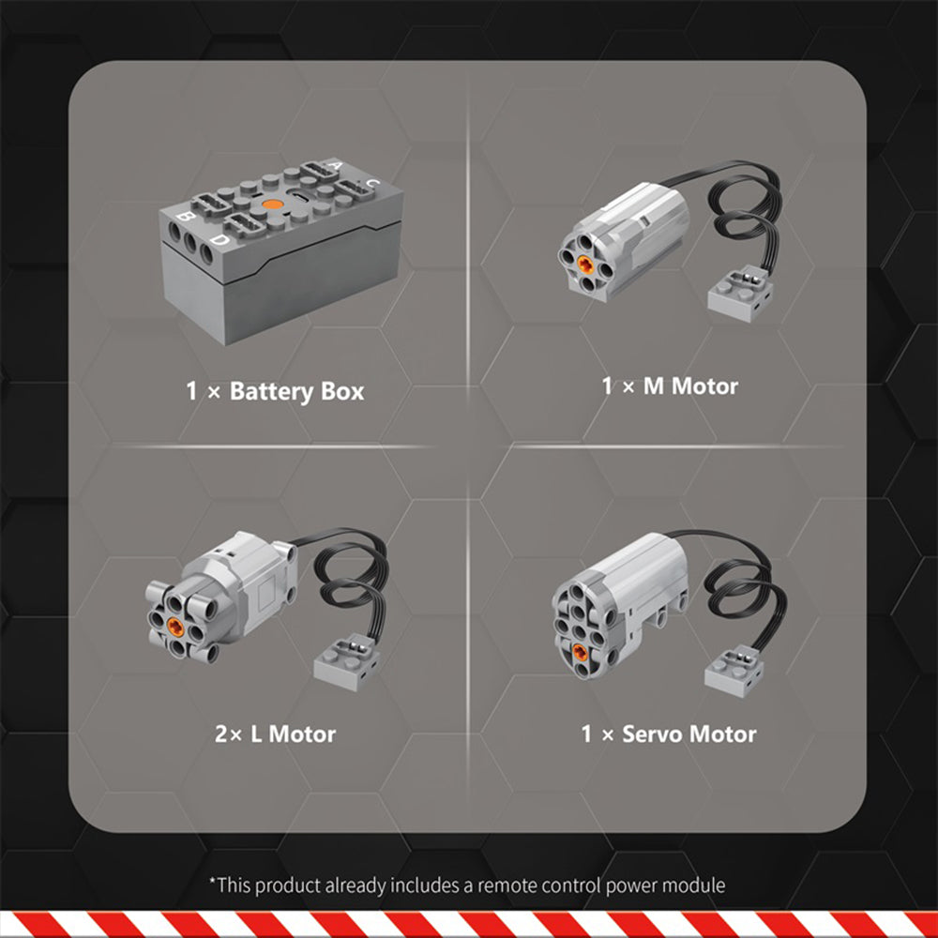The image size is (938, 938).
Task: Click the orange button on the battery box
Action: pos(272,204)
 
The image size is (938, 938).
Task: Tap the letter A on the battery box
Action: pos(336,165)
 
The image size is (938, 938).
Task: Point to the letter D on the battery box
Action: pos(220,240)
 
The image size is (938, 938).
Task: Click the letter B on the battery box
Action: pos(184,217)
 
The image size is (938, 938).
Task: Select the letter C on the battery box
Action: pos(372,183)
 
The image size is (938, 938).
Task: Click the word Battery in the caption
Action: pos(272,392)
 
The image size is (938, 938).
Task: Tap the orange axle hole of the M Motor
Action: pos(585,265)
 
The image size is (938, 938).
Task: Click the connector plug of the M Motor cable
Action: pos(741,293)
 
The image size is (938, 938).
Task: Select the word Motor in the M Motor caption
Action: pos(704,386)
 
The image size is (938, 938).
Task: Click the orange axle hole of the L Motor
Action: pos(175,627)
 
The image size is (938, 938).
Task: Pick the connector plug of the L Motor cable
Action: pos(347,662)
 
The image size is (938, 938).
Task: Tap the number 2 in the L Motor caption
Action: pos(221,734)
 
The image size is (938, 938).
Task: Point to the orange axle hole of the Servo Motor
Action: pos(580,652)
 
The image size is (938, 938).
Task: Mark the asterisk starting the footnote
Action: pos(212,881)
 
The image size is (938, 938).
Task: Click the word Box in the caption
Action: pos(342,391)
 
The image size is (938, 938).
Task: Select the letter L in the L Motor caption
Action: pos(256,734)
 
